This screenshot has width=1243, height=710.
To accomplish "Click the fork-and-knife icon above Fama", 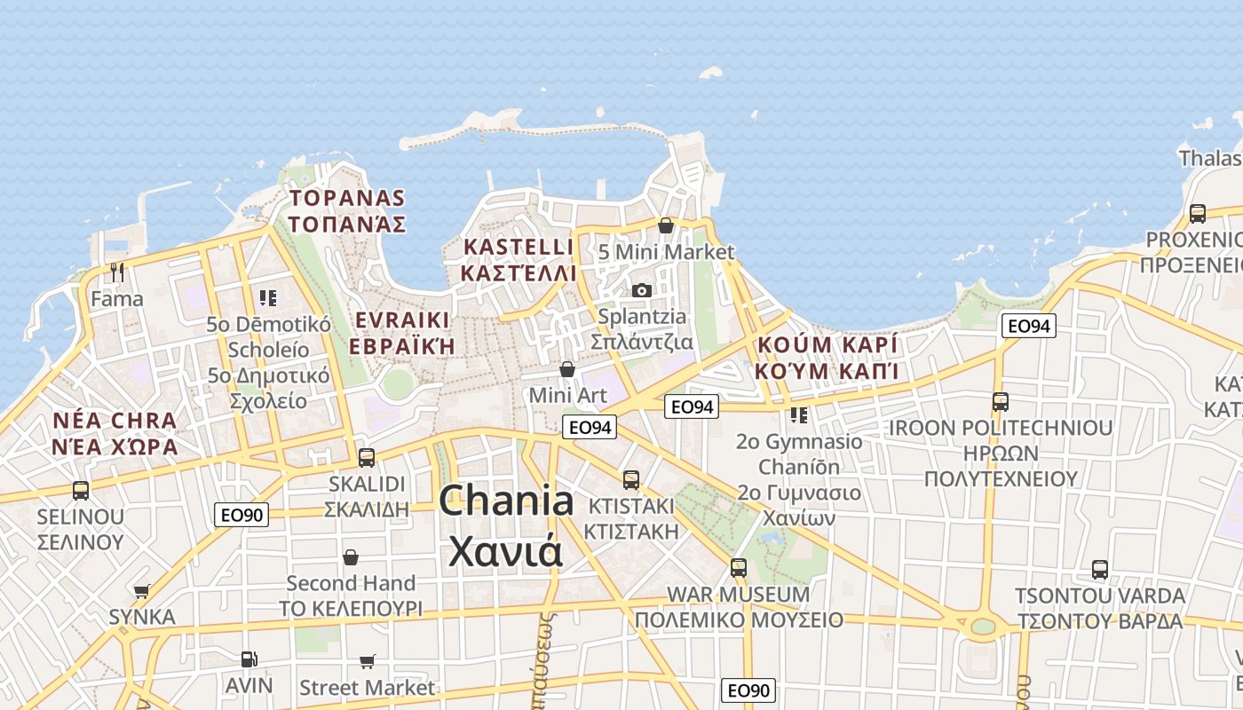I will click(116, 272).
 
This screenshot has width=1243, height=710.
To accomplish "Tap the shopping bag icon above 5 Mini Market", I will click(666, 225).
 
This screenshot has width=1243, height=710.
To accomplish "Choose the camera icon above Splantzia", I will click(642, 290).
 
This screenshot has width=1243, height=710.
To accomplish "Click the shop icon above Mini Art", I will click(567, 368).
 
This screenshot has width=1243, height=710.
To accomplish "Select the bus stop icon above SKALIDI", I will click(366, 458).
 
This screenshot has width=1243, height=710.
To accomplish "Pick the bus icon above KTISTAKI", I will click(631, 480).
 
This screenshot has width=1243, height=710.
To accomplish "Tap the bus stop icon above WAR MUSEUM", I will click(738, 567).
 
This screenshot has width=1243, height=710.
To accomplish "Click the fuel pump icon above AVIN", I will click(249, 659).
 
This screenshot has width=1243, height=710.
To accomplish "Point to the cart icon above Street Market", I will click(368, 661).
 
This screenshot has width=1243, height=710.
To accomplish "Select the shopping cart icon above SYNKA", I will click(141, 591).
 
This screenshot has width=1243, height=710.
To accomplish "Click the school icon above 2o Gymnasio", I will click(799, 414).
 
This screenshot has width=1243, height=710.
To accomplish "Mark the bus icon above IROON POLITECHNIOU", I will click(1001, 402).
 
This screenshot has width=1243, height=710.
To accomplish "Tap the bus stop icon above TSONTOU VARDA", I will click(1100, 570).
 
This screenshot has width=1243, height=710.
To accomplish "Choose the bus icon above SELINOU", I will click(81, 490).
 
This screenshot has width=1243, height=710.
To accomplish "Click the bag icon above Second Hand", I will click(351, 557).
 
